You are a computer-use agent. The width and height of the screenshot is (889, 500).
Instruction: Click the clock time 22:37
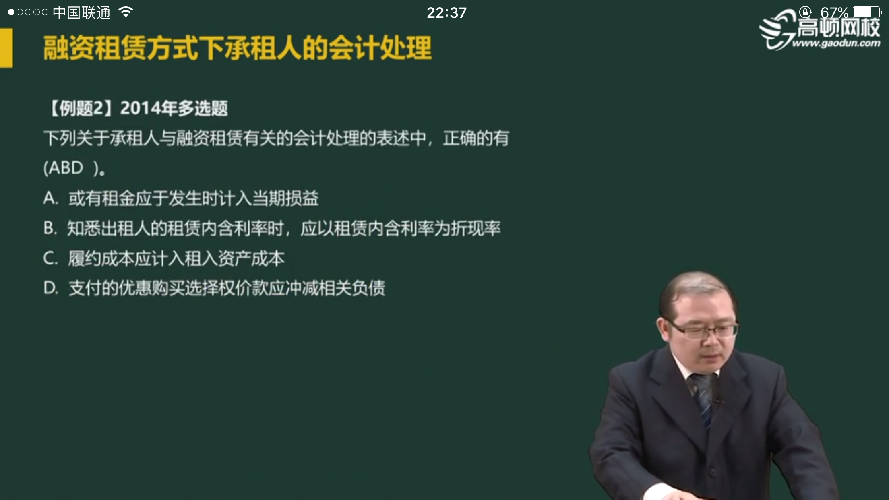pyautogui.click(x=447, y=13)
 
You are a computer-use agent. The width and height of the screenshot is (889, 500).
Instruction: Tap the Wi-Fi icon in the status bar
pyautogui.click(x=126, y=12)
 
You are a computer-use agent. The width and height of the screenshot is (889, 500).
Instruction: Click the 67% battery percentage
pyautogui.click(x=834, y=12)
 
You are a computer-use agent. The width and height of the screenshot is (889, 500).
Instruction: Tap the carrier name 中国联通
pyautogui.click(x=81, y=13)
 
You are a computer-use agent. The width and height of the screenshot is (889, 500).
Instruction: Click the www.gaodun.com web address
pyautogui.click(x=836, y=43)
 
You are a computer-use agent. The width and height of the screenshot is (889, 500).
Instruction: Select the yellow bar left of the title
pyautogui.click(x=6, y=48)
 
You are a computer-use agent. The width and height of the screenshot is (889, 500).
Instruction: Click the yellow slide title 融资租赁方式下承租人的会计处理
pyautogui.click(x=238, y=48)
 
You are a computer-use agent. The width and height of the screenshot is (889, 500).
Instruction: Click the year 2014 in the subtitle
pyautogui.click(x=139, y=108)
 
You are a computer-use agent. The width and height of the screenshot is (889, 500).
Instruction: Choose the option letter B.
pyautogui.click(x=49, y=228)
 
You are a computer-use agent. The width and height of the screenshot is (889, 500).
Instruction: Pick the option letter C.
pyautogui.click(x=50, y=258)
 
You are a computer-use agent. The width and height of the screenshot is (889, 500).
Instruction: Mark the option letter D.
pyautogui.click(x=50, y=288)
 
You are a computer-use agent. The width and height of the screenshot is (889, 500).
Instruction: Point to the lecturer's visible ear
pyautogui.click(x=663, y=330)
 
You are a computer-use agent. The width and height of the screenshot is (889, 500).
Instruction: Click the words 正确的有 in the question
pyautogui.click(x=476, y=138)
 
